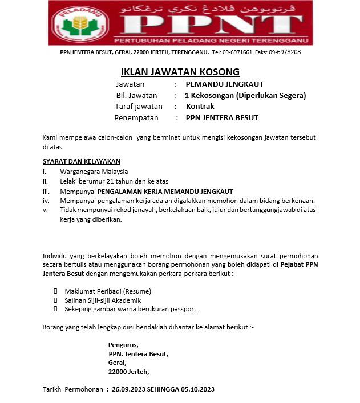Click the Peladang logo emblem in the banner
[80, 23]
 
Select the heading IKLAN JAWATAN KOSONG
[180, 72]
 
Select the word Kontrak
[200, 106]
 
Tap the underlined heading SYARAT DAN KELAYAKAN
[82, 161]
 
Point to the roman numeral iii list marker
[47, 191]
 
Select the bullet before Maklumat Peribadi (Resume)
[55, 291]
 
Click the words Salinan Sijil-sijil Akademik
[103, 300]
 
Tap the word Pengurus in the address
[123, 345]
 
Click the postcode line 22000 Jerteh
[128, 372]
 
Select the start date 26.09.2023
[129, 389]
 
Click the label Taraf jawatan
[139, 106]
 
